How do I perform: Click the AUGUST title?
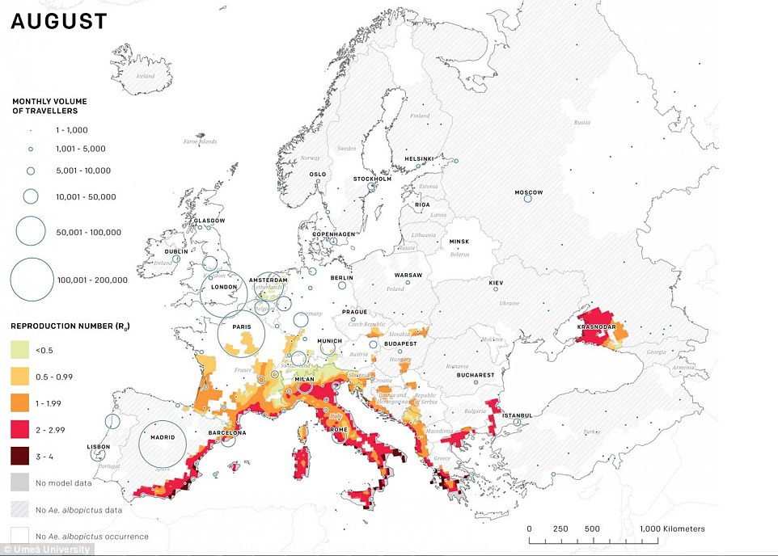tap(58, 22)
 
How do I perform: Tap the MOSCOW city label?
tap(528, 192)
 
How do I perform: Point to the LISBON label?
tap(99, 446)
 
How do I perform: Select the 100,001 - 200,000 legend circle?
tap(37, 280)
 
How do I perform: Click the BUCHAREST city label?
tap(475, 375)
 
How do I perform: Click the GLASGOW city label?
tap(209, 220)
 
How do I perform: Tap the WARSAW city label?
tap(408, 275)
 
